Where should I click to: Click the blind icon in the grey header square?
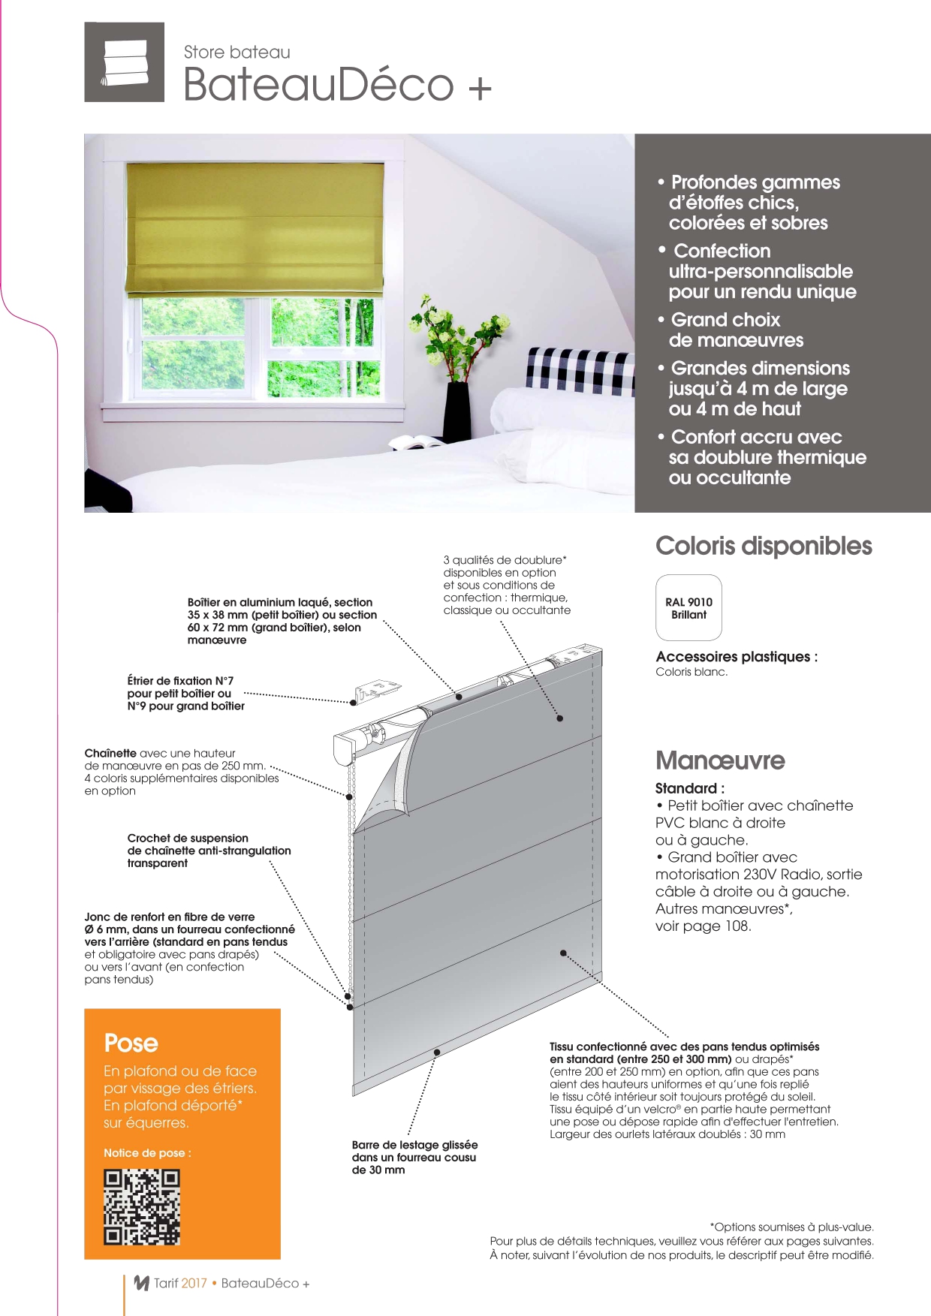(x=125, y=62)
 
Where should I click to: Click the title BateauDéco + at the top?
(x=337, y=84)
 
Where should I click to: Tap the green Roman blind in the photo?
(x=255, y=227)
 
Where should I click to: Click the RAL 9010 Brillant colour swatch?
(x=688, y=607)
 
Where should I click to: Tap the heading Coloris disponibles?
(x=764, y=546)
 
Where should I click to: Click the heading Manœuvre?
(x=720, y=760)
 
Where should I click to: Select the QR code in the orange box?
(x=142, y=1207)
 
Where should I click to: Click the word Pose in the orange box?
(x=131, y=1043)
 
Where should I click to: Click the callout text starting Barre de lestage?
(x=414, y=1157)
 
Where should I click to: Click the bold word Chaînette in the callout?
(x=110, y=753)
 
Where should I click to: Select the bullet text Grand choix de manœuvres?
(x=736, y=330)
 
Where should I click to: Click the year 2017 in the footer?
(x=194, y=1283)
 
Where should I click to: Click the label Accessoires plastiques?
(x=736, y=657)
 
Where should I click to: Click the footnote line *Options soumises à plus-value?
(x=791, y=1227)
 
